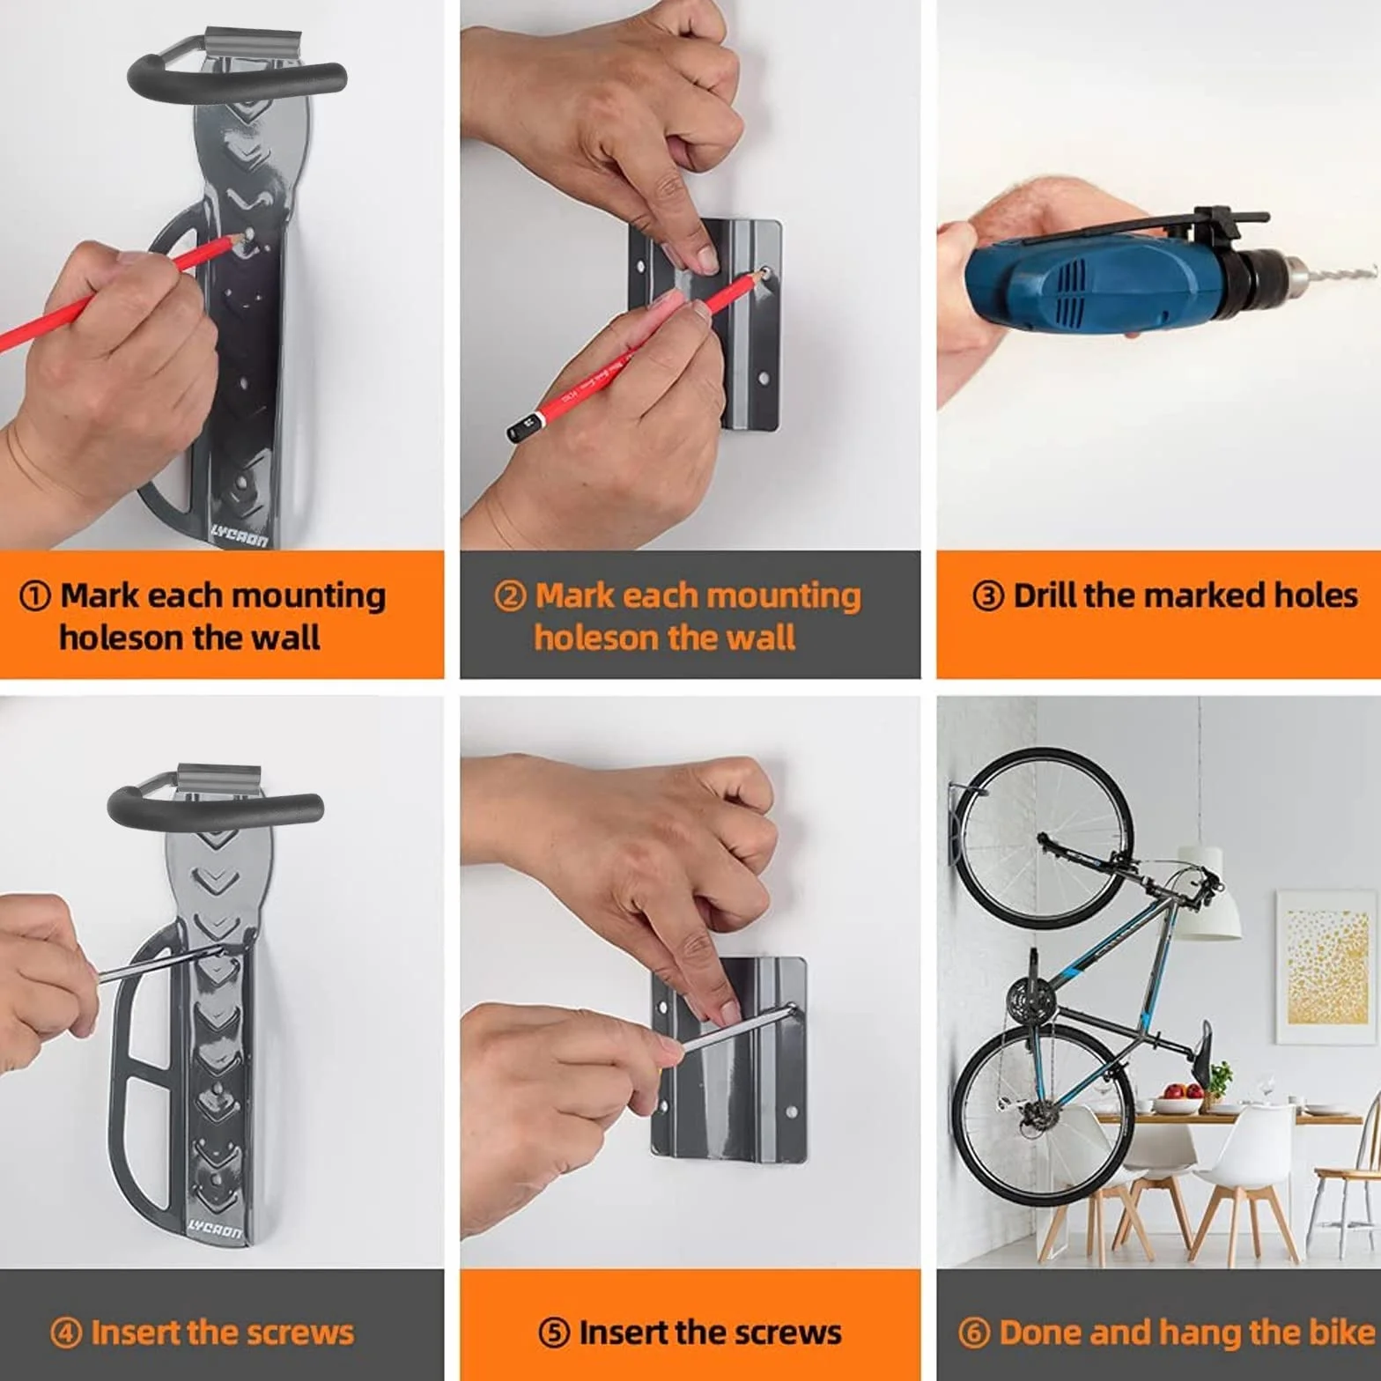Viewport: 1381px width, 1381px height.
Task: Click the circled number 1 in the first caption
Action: pos(34,596)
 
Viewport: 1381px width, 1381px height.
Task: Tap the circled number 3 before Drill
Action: pos(988,596)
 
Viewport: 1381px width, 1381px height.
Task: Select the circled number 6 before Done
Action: pos(974,1333)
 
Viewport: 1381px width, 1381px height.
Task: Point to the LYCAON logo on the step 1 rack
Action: pos(239,534)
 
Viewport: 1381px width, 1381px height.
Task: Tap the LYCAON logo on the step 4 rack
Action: pos(215,1230)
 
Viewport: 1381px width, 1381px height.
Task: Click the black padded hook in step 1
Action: pos(235,72)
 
